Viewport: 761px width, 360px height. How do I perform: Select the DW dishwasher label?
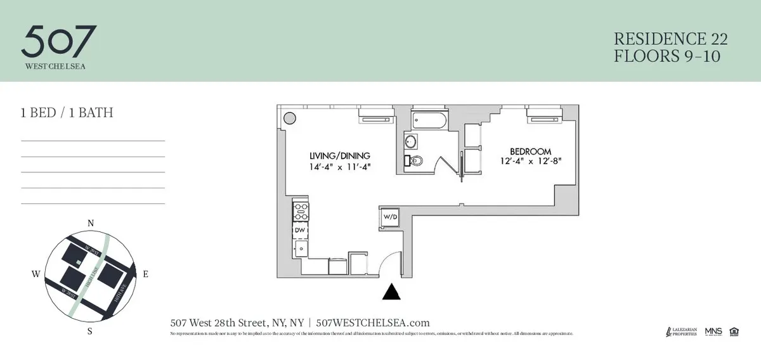click(300, 230)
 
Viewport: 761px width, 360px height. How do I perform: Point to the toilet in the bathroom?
click(415, 161)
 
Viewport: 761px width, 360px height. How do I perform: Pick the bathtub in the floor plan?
click(429, 119)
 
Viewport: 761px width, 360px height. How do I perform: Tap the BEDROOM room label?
click(531, 151)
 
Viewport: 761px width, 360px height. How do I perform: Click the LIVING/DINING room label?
click(340, 156)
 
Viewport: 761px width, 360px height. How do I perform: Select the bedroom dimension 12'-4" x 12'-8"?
click(531, 161)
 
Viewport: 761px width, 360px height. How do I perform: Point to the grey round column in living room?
click(289, 117)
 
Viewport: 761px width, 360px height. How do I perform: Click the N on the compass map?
click(91, 223)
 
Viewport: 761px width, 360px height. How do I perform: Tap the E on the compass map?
click(145, 274)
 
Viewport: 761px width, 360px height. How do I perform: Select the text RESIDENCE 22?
click(670, 39)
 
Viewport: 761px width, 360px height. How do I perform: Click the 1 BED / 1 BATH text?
click(67, 113)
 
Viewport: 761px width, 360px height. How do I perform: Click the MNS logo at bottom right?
click(713, 331)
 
